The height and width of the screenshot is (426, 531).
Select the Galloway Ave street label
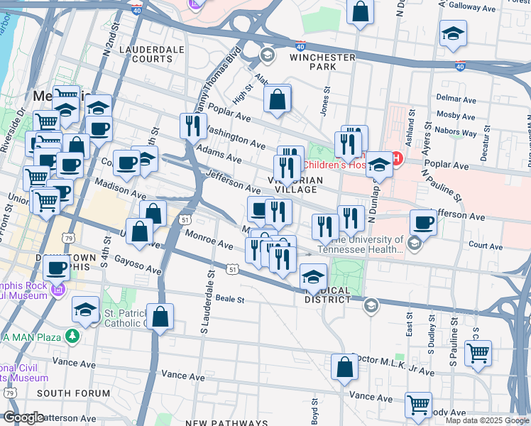point(498,4)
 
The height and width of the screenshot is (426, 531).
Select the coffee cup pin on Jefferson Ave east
point(423,222)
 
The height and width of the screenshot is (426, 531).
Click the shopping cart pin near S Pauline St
point(478,352)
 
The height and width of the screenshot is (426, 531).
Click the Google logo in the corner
point(23,417)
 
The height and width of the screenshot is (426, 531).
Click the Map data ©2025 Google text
point(486,420)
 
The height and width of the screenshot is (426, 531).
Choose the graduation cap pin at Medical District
point(313,277)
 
